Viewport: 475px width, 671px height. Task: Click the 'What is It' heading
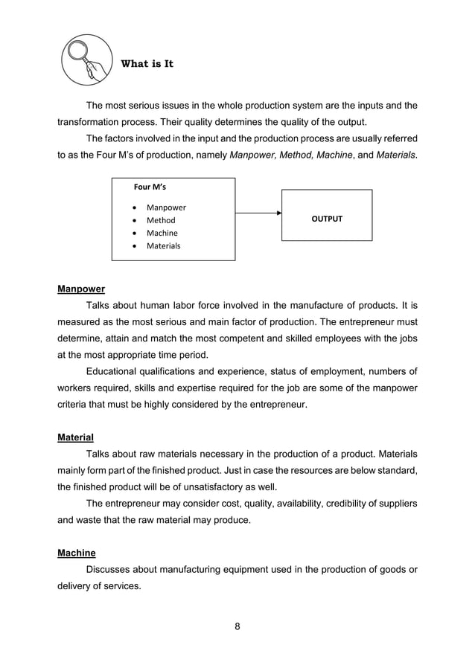[147, 64]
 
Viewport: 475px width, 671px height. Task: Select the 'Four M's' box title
[150, 187]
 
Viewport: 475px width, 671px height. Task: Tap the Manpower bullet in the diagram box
[166, 208]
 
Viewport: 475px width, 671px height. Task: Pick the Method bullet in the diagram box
[161, 220]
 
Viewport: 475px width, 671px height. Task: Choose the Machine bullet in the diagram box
[162, 233]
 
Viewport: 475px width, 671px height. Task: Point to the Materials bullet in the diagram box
[164, 245]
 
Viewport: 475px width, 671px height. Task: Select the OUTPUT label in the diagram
[326, 219]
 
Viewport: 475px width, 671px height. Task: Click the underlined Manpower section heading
[81, 289]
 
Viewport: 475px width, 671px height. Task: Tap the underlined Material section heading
[75, 437]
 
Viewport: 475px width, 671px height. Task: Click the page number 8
[238, 626]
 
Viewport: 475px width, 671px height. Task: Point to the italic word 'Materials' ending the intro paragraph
[396, 155]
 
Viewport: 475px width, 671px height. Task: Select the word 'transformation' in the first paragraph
[90, 122]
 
